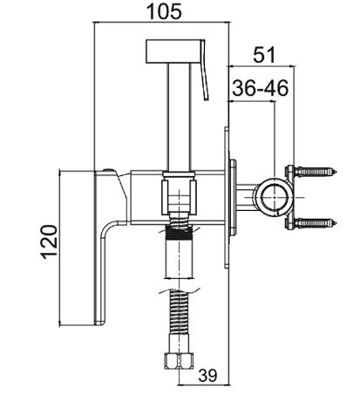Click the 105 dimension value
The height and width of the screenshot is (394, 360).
(165, 11)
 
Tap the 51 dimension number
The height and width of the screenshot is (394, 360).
(264, 55)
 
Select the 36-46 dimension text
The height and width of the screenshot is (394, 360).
(261, 88)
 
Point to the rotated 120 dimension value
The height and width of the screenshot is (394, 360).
(49, 241)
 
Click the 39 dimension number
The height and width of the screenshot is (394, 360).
(207, 375)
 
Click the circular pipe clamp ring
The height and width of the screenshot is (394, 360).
(275, 197)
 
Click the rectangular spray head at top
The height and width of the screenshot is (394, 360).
(173, 51)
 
